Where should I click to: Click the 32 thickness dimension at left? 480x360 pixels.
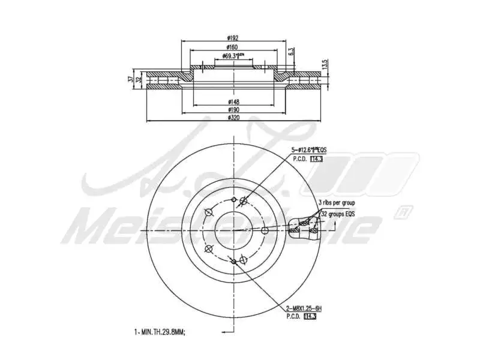tap(139, 80)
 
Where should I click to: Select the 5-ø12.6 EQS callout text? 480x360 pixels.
tap(309, 149)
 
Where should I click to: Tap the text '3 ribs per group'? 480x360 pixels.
tap(338, 203)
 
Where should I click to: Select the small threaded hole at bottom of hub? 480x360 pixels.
tap(233, 261)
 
